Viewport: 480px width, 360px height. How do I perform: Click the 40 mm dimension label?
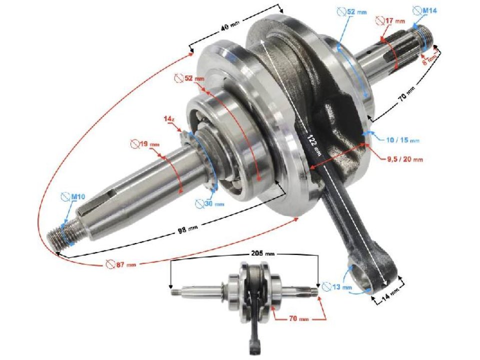[x=229, y=28]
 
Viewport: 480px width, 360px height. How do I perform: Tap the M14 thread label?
[x=423, y=9]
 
